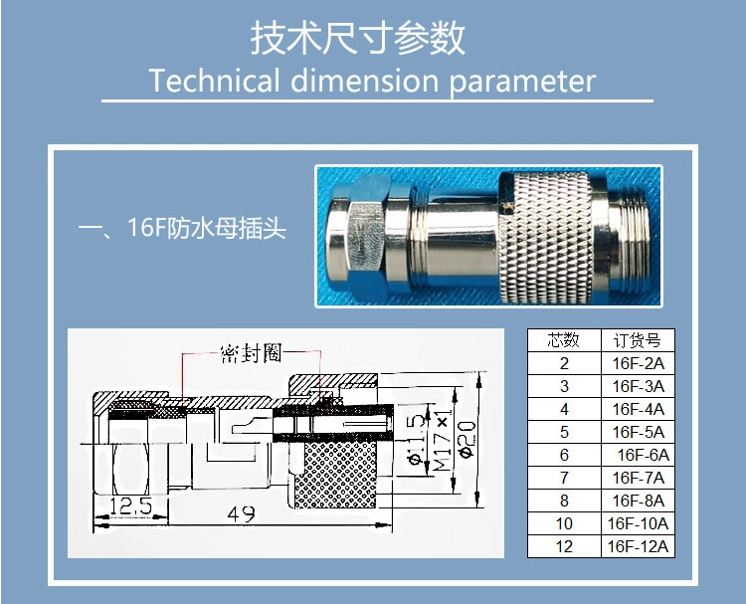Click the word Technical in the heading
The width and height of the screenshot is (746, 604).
[x=214, y=81]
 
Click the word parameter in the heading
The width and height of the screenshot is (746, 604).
[x=522, y=82]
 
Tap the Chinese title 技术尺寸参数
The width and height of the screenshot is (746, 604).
[x=357, y=38]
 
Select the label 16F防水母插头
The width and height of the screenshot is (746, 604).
[x=206, y=228]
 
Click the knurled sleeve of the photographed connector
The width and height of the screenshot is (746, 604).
[x=546, y=237]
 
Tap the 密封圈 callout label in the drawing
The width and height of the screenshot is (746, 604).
[x=252, y=352]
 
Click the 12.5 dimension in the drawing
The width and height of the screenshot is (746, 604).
[x=131, y=505]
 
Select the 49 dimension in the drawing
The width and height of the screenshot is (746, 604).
[x=242, y=514]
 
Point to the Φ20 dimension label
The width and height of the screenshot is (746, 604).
[x=467, y=439]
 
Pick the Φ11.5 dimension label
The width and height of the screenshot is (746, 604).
[x=417, y=439]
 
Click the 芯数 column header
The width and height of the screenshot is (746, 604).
[x=564, y=340]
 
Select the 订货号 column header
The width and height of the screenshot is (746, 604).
[x=638, y=340]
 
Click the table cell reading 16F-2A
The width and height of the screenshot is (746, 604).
[x=638, y=363]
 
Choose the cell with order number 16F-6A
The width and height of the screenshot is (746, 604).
[x=638, y=455]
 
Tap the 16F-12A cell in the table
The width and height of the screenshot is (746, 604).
[x=638, y=546]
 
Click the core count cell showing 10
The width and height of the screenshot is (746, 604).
[x=564, y=523]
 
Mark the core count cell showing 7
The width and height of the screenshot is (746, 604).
[x=564, y=478]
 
